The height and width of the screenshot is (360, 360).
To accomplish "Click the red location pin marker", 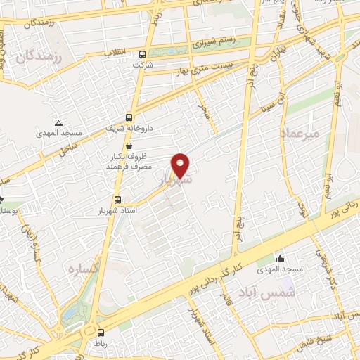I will click(181, 165).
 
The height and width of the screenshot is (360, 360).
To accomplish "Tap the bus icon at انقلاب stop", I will click(143, 54).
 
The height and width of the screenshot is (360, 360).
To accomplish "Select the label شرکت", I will click(142, 65).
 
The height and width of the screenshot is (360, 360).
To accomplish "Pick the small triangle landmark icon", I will click(58, 122).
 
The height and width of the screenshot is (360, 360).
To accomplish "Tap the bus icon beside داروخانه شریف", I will click(129, 117).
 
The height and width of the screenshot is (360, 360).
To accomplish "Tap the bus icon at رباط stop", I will click(101, 333).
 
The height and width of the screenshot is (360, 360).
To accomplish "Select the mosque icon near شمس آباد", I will click(281, 257).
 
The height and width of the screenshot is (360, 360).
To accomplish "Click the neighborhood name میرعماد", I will click(300, 132).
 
